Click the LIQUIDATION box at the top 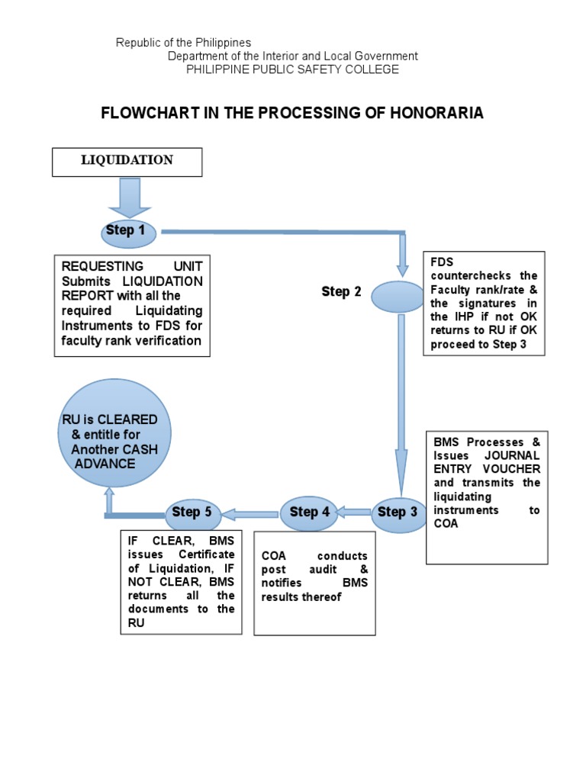[x=127, y=162]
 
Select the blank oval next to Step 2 [x=397, y=297]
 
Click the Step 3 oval [x=398, y=512]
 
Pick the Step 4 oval [x=309, y=512]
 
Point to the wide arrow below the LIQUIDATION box [x=124, y=198]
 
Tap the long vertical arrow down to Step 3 [x=401, y=404]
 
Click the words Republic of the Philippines [x=183, y=43]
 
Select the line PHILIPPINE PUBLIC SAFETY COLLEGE [x=293, y=69]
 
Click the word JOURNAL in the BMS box [x=511, y=455]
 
